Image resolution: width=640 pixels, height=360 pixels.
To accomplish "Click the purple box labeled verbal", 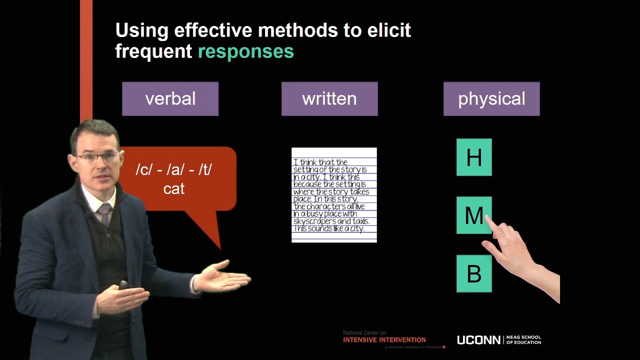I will click(x=170, y=99).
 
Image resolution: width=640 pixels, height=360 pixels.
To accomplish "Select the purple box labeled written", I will click(x=329, y=99).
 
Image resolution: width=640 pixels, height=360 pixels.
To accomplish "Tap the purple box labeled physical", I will click(x=491, y=99).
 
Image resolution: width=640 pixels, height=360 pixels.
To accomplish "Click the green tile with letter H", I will click(x=474, y=157).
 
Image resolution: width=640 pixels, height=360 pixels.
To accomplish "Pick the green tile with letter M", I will click(x=472, y=215).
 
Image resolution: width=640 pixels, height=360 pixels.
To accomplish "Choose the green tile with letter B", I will click(x=474, y=274).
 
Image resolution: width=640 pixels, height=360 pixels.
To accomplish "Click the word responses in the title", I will click(x=245, y=51).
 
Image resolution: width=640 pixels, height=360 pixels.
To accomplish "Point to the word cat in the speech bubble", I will click(x=174, y=189).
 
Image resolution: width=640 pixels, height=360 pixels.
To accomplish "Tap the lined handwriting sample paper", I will click(x=334, y=195).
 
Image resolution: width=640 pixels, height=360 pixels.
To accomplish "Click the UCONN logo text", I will click(x=478, y=340).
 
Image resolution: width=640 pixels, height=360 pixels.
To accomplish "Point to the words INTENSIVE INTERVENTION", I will click(x=384, y=340).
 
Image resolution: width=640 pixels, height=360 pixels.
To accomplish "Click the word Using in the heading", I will click(x=141, y=30).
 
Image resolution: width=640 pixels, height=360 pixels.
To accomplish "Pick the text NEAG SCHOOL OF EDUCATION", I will click(x=523, y=340).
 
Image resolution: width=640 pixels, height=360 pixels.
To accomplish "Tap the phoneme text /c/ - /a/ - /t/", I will click(x=174, y=169).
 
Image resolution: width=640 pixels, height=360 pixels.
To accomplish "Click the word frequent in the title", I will click(x=153, y=51).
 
